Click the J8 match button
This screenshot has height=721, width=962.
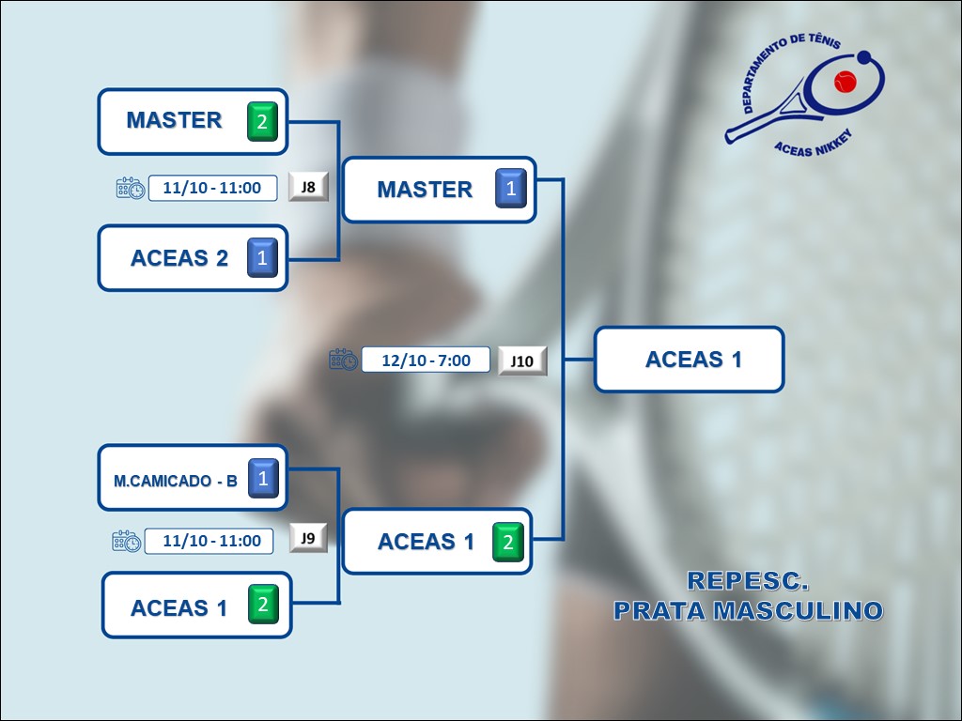[x=308, y=187]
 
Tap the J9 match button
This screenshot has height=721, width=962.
[x=308, y=539]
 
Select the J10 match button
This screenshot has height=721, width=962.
[x=522, y=360]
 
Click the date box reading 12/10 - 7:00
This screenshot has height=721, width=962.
[x=427, y=360]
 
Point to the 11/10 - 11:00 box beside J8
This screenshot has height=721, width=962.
[x=211, y=188]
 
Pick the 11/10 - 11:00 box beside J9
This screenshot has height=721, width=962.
[x=211, y=541]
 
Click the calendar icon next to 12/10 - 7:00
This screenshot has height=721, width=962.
[x=343, y=360]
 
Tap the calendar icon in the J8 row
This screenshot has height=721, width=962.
[x=131, y=188]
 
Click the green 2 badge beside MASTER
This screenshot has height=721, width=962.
[x=262, y=122]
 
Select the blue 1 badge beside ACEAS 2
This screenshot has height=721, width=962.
[x=262, y=257]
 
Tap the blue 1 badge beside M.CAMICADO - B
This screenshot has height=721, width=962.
[x=263, y=479]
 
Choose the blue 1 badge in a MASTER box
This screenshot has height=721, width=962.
[x=510, y=189]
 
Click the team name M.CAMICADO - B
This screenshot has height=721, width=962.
[x=176, y=482]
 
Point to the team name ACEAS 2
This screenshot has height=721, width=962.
[x=179, y=258]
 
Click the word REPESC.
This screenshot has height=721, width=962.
[x=748, y=581]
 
